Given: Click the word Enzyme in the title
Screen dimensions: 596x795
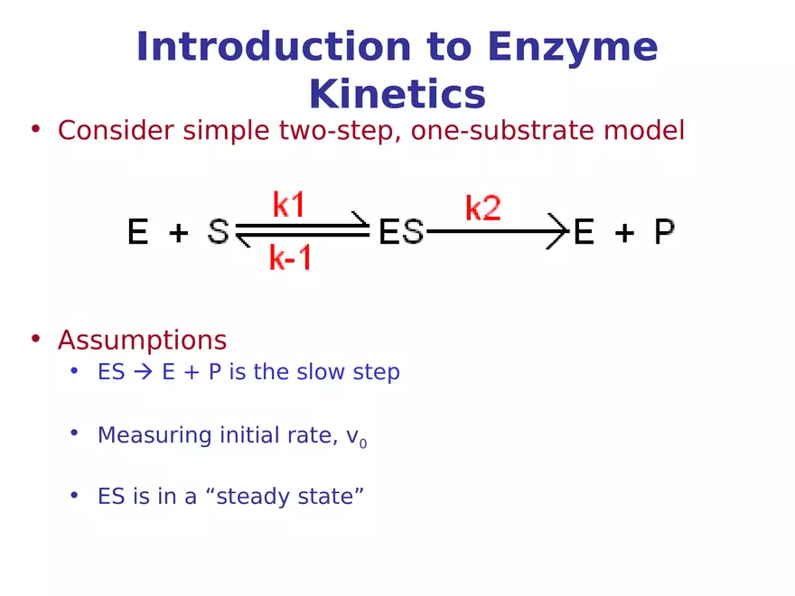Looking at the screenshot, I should [572, 48].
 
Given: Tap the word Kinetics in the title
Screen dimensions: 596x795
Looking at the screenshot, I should [397, 95].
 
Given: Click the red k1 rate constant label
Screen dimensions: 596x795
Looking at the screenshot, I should [288, 206].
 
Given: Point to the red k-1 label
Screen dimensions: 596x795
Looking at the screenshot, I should [291, 259].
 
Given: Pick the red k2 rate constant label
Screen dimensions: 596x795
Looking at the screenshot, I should [483, 209].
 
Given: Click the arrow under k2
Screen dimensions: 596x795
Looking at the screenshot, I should [497, 232].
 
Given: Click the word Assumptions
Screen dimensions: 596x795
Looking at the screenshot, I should [142, 340].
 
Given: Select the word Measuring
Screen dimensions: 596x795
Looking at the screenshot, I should [154, 435].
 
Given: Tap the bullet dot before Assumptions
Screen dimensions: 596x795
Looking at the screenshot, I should [36, 339].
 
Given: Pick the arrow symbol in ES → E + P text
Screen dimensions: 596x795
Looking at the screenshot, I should [144, 372].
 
